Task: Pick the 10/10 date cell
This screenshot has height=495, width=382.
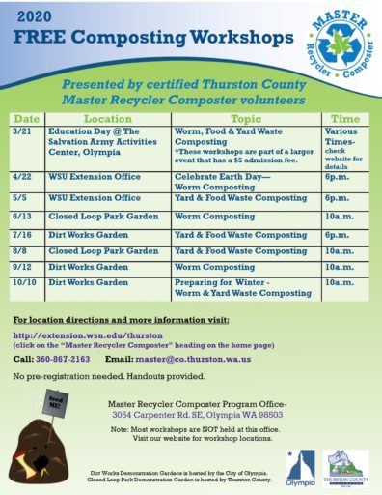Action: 26,282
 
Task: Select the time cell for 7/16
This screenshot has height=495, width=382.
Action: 339,234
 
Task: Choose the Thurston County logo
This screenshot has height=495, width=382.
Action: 347,465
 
